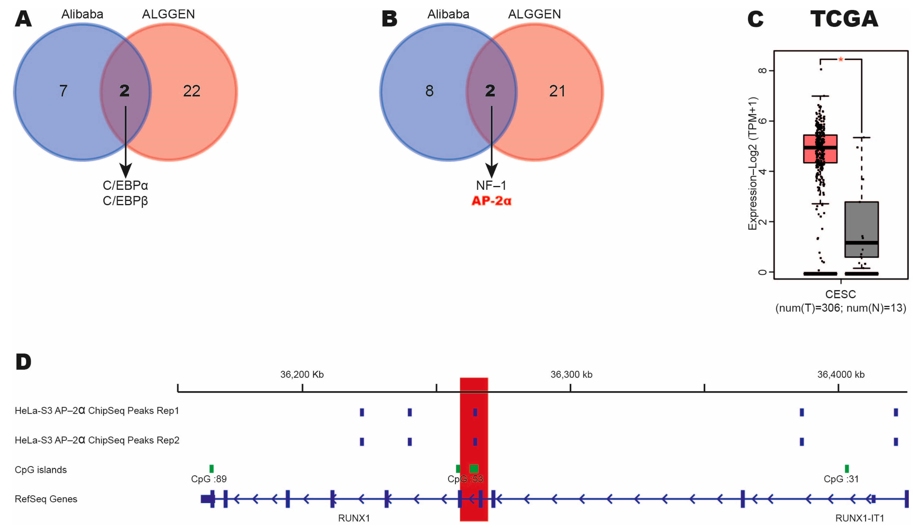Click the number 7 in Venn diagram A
tap(63, 91)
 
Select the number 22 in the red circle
tap(192, 91)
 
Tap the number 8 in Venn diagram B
tap(429, 91)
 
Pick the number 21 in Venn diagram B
tap(557, 91)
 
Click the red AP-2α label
tap(491, 201)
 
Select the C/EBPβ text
tap(125, 201)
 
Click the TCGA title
tap(844, 19)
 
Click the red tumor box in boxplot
tap(820, 149)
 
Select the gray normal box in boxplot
tap(862, 229)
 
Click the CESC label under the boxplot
tap(841, 294)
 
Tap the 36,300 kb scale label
tap(571, 375)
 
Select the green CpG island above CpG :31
tap(847, 469)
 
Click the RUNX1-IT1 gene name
tap(859, 518)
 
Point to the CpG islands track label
tap(41, 470)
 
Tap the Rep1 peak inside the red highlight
tap(475, 412)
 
